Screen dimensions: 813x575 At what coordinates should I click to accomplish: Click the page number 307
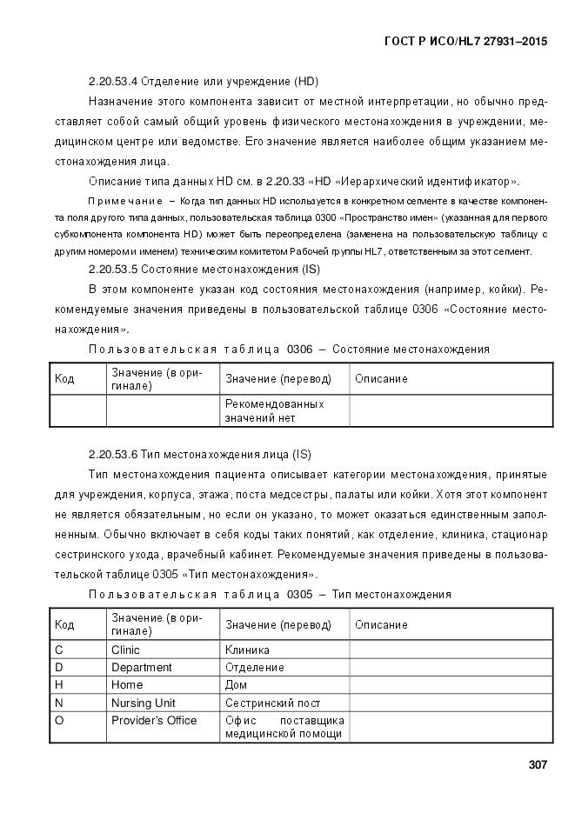coord(537,765)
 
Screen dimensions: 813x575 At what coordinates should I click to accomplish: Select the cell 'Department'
coord(141,667)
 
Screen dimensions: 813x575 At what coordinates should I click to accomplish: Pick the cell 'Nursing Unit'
coord(143,703)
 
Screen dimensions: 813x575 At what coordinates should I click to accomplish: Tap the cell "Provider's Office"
coord(154,720)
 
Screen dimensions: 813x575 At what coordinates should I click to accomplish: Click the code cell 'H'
coord(58,684)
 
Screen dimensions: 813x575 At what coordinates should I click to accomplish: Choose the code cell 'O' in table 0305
coord(59,720)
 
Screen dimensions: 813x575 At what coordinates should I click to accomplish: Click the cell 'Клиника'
coord(247,650)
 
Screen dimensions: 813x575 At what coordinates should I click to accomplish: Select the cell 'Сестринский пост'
coord(272,703)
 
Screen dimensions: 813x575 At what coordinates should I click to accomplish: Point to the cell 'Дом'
coord(236,684)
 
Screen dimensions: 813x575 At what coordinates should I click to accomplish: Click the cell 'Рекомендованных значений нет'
coord(274,411)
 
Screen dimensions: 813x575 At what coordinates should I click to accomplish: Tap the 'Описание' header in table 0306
coord(381,379)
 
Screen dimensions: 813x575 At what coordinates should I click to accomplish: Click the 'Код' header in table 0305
coord(64,625)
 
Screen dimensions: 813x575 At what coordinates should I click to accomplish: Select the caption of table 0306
coord(289,350)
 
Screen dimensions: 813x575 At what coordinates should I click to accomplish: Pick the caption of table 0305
coord(270,595)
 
